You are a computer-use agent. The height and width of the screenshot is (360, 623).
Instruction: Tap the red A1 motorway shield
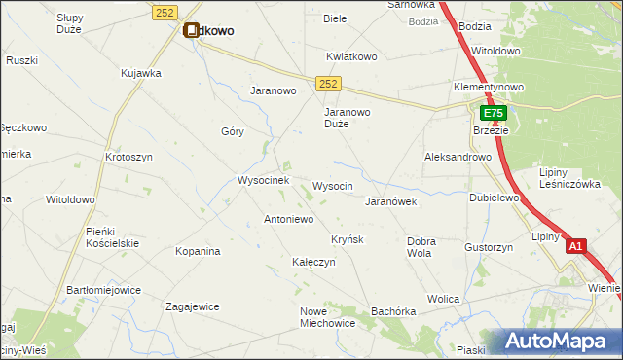point(575,247)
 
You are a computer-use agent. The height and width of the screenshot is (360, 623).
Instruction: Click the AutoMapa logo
point(564,342)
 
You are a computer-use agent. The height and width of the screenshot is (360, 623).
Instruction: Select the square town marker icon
point(191,30)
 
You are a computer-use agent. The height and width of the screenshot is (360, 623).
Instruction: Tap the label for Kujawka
point(140,73)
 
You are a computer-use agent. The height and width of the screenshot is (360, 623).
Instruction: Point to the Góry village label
point(232,131)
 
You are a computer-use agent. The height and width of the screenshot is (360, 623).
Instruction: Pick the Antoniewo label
point(289,220)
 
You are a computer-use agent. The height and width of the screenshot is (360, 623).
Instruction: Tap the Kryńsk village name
point(347,239)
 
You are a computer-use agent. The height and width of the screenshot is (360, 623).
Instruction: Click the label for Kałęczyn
point(313,263)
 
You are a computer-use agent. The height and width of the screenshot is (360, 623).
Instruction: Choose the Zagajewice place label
point(192,306)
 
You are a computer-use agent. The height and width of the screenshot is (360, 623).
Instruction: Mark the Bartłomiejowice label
point(103,291)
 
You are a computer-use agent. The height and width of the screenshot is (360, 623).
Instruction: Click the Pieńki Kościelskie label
point(113,236)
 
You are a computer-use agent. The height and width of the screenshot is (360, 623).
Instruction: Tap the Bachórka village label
point(393,311)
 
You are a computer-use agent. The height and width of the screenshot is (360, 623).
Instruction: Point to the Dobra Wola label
point(421,247)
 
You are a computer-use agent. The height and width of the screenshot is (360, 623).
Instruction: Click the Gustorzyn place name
point(489,248)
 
